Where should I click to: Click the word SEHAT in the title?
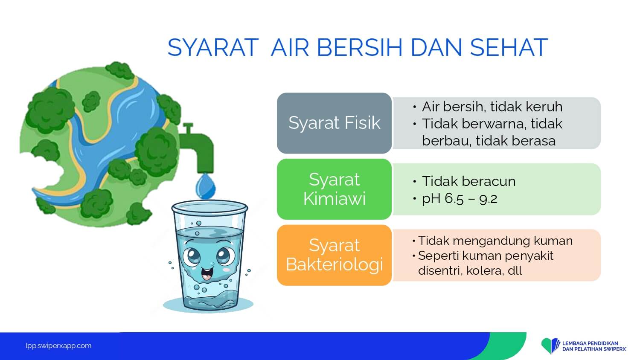click(509, 47)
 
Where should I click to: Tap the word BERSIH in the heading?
click(360, 47)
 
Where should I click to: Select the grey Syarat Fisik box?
click(334, 123)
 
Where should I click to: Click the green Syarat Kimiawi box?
click(334, 189)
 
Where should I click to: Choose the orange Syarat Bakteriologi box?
click(334, 255)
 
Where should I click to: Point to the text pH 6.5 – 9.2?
click(460, 199)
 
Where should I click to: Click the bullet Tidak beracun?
click(468, 181)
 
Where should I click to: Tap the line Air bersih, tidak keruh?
click(492, 107)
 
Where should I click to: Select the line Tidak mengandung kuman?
click(495, 241)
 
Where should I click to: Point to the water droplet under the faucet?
click(205, 186)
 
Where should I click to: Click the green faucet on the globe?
click(197, 148)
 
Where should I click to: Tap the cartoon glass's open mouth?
click(207, 274)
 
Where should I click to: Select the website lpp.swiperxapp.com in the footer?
click(58, 346)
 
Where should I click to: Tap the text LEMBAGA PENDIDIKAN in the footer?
click(590, 343)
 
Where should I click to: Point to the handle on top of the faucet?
click(188, 128)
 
